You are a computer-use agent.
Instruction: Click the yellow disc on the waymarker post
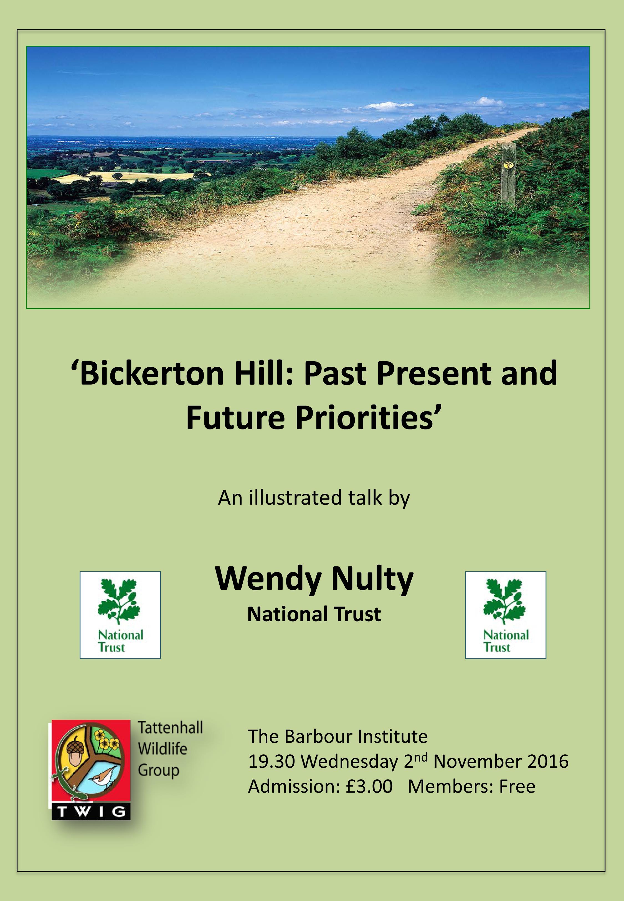[508, 165]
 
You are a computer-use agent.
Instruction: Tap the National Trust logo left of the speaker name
[120, 616]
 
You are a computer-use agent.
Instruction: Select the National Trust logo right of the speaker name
[506, 616]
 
